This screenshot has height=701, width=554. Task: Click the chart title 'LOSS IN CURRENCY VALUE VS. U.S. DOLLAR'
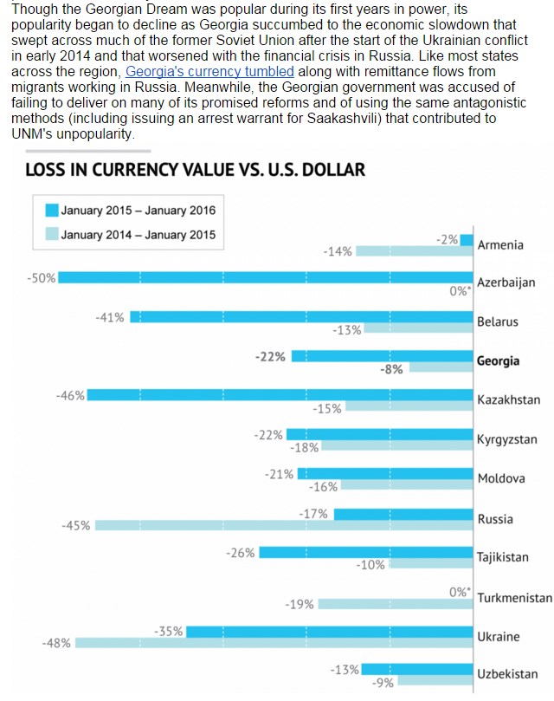(x=195, y=170)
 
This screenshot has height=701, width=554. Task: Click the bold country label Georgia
(x=499, y=360)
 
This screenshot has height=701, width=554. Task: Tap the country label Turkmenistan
(x=514, y=598)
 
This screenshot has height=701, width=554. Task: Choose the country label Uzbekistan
(x=507, y=673)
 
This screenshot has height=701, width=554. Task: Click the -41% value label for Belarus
(x=110, y=317)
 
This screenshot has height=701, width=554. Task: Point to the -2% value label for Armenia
(x=448, y=239)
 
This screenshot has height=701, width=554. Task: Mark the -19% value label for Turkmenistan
(x=300, y=604)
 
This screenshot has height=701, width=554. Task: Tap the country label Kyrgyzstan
(x=507, y=439)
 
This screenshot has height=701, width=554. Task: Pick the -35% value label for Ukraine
(x=169, y=631)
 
